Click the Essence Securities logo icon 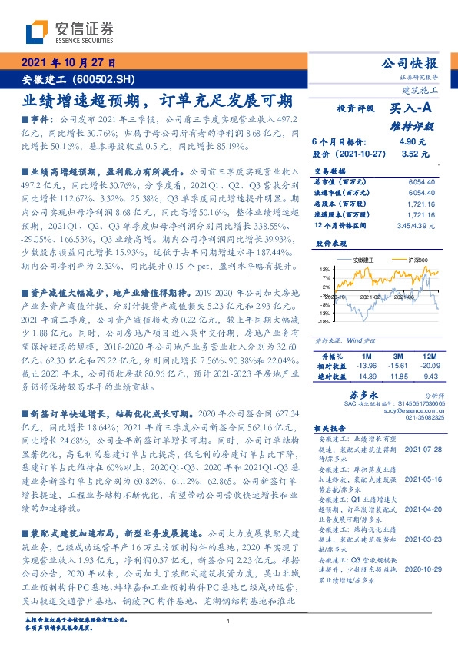(x=37, y=32)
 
